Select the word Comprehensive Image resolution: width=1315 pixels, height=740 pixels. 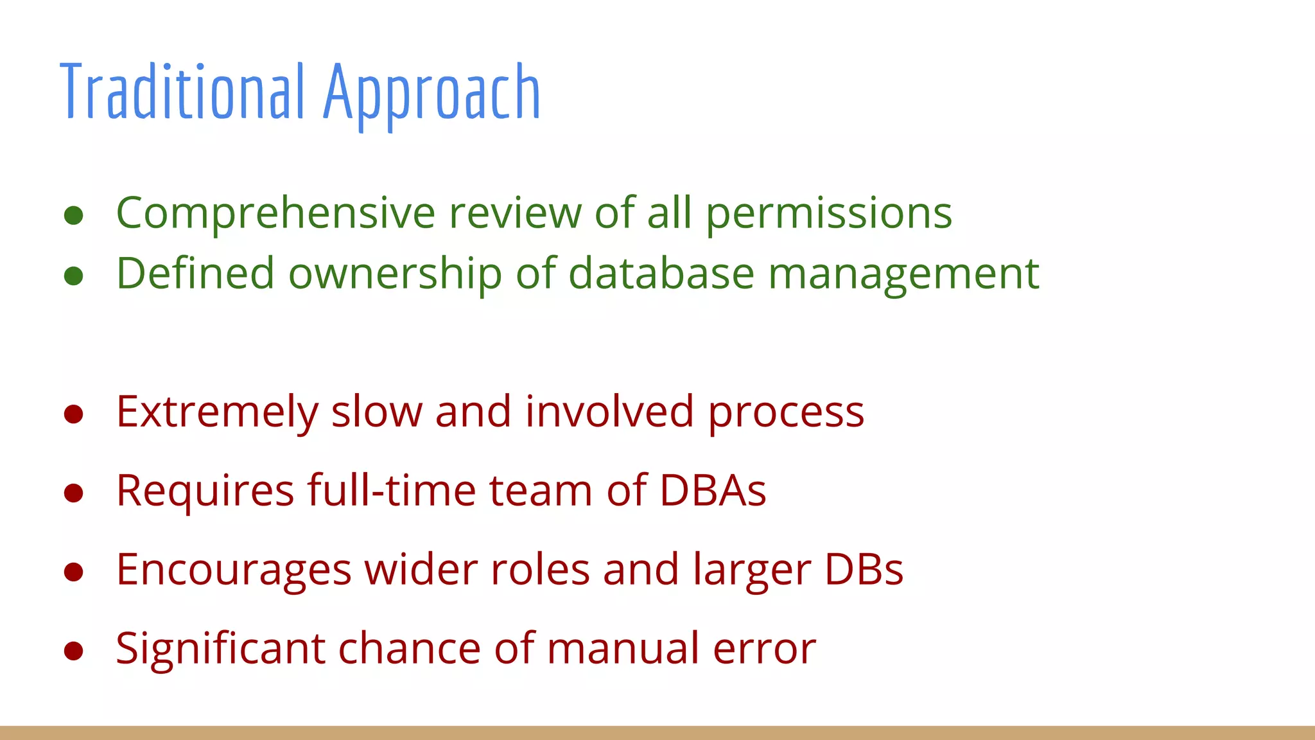(x=275, y=213)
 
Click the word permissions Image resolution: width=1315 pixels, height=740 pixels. (x=829, y=213)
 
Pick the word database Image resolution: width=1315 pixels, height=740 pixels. (x=661, y=273)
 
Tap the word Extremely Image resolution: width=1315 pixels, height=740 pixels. (x=217, y=412)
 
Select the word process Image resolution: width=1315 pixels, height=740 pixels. (x=786, y=412)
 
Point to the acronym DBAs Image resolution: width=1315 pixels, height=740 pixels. (x=713, y=491)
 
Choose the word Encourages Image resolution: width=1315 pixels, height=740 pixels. (x=234, y=570)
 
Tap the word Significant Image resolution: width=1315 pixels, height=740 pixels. (x=220, y=649)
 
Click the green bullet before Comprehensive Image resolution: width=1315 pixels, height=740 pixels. (x=74, y=216)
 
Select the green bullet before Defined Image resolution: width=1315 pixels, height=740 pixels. (x=74, y=276)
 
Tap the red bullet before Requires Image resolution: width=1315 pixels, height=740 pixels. (x=74, y=493)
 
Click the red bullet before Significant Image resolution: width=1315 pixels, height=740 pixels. (x=74, y=651)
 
